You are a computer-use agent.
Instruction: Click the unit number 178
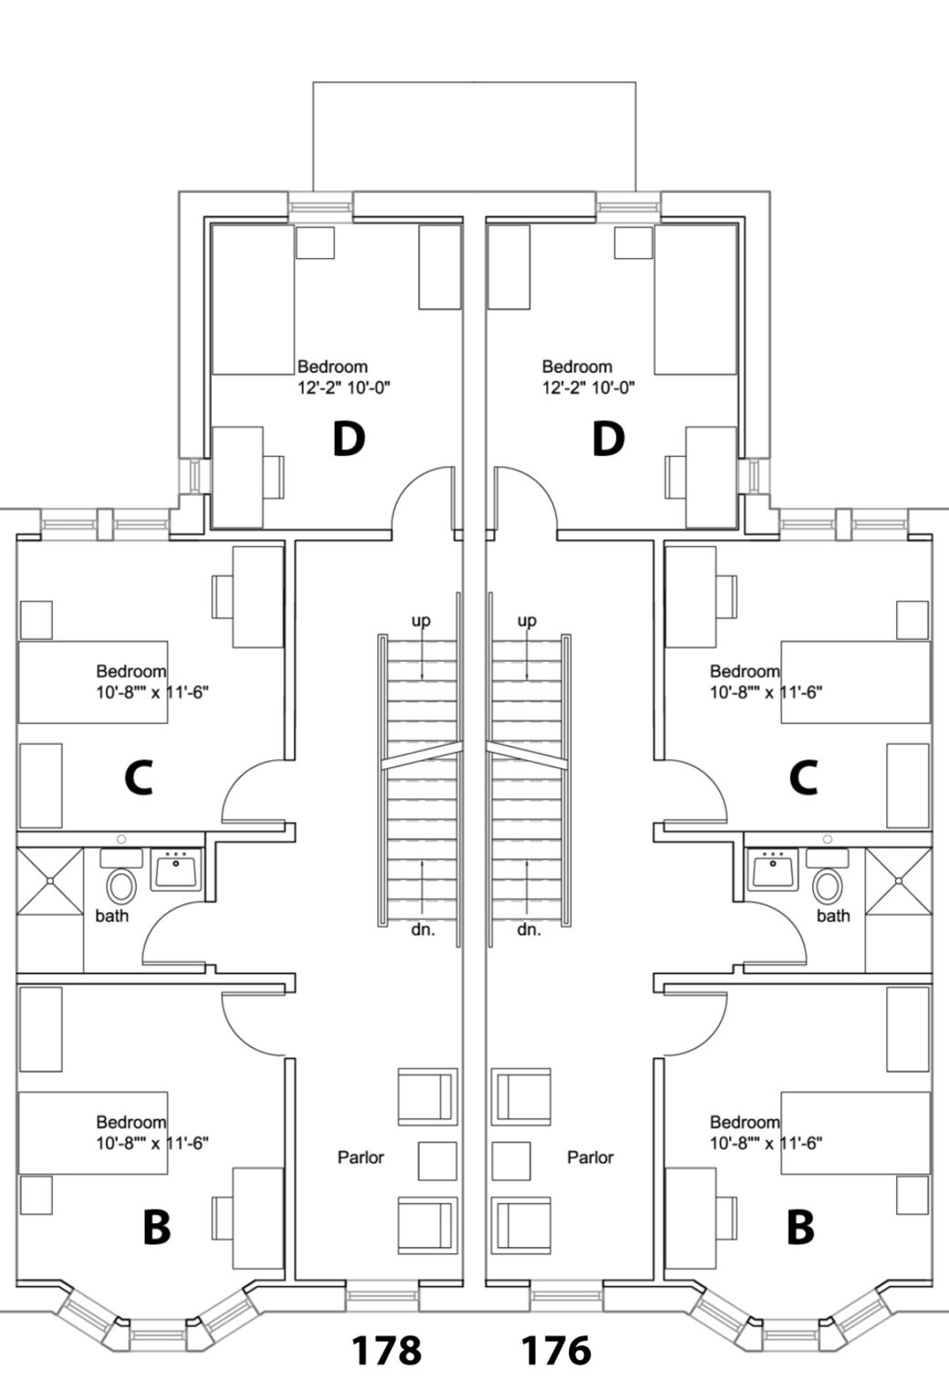[387, 1349]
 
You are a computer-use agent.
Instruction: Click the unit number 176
[555, 1349]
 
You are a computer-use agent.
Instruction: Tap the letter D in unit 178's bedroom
[348, 439]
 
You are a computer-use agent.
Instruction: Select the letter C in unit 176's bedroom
[802, 778]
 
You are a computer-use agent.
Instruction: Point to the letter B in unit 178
[157, 1227]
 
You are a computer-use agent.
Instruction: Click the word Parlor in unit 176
[590, 1158]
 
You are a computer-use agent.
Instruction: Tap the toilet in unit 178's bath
[120, 885]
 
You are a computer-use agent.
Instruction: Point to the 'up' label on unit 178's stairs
[421, 621]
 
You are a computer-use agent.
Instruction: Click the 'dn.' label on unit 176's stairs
[529, 931]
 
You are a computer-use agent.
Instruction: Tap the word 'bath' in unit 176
[832, 916]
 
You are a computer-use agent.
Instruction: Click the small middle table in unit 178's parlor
[438, 1160]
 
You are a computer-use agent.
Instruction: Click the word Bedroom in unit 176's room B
[744, 1122]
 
